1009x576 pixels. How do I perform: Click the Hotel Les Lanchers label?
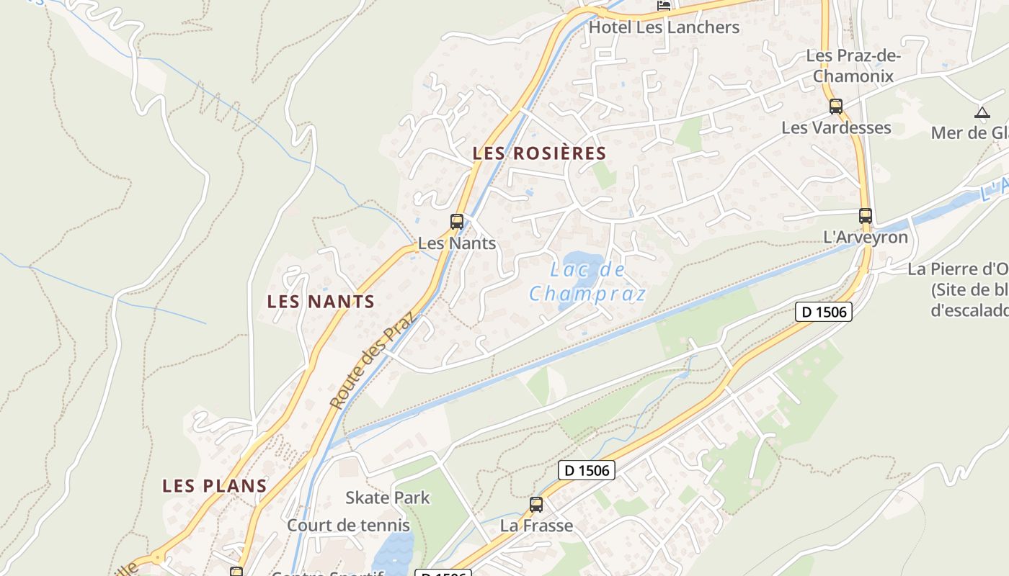click(664, 27)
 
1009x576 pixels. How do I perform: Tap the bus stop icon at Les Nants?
click(456, 221)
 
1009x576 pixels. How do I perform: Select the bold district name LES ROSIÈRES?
click(539, 153)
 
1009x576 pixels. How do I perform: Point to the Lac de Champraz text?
click(587, 282)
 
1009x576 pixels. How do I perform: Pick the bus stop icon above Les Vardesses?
click(835, 107)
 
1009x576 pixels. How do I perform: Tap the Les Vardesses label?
click(836, 127)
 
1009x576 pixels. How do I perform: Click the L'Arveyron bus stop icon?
click(865, 215)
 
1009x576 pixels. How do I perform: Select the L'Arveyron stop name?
click(865, 237)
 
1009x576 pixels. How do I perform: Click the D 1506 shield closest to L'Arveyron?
click(824, 312)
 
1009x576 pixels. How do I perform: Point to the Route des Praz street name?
click(373, 359)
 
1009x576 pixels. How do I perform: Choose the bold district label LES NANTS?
click(321, 301)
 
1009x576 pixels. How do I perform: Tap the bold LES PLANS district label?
click(215, 485)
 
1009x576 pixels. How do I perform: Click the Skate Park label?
click(387, 498)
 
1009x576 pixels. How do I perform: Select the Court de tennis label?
click(348, 525)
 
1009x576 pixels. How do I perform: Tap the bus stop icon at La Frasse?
click(535, 504)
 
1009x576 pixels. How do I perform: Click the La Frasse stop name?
click(536, 526)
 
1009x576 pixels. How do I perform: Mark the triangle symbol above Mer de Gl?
click(982, 112)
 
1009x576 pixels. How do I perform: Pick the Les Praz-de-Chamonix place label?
click(853, 66)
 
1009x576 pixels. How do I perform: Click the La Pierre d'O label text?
click(957, 269)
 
